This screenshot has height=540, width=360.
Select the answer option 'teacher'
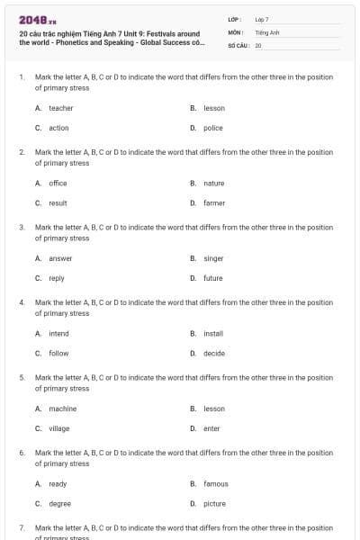[x=60, y=108]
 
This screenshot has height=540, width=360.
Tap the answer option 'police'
[x=212, y=128]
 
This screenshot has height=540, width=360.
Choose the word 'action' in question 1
[x=58, y=128]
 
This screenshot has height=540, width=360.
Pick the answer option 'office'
[x=58, y=183]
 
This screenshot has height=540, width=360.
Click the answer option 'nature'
[x=213, y=183]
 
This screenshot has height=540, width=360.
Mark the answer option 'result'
[x=58, y=203]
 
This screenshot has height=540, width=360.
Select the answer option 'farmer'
[x=214, y=203]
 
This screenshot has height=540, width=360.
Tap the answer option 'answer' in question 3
[x=60, y=258]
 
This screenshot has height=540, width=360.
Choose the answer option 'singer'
[x=213, y=258]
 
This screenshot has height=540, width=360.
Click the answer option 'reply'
[x=57, y=278]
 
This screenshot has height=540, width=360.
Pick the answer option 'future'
[x=212, y=278]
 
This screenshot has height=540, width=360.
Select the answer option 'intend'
[x=58, y=333]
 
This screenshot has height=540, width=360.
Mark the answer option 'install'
[x=213, y=333]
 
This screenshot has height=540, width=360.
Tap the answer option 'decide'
[x=213, y=354]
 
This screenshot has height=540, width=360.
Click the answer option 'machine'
[x=62, y=408]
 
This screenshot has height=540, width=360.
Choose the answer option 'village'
[x=59, y=428]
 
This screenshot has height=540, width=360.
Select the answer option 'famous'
[x=215, y=483]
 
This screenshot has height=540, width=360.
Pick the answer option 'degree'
[x=59, y=504]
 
